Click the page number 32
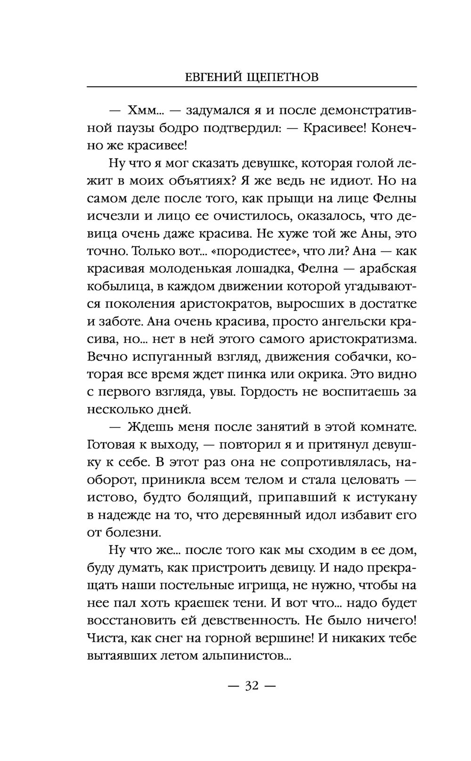pos(252,686)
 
